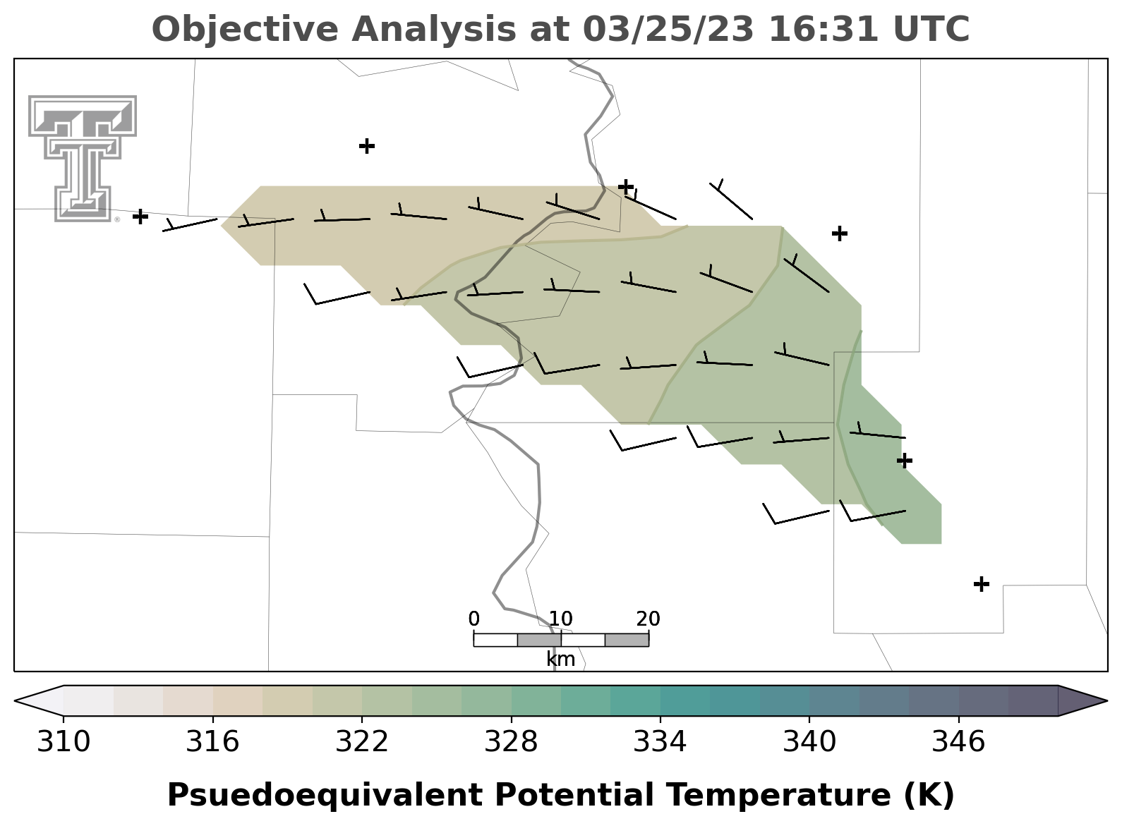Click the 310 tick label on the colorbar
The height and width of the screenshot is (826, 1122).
click(x=64, y=741)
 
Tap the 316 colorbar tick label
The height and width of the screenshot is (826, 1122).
click(x=212, y=741)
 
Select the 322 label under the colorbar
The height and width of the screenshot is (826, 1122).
click(x=361, y=741)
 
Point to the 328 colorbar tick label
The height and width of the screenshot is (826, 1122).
click(x=511, y=741)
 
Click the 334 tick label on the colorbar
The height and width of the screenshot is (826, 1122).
click(x=660, y=741)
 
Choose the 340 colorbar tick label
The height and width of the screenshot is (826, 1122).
click(x=809, y=741)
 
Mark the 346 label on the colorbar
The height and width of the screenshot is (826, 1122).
click(x=958, y=741)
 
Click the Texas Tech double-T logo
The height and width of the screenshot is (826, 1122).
click(x=83, y=158)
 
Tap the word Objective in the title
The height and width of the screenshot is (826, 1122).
click(x=246, y=30)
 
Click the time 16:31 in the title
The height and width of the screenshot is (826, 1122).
click(x=824, y=30)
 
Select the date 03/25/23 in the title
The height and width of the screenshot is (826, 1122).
click(x=669, y=30)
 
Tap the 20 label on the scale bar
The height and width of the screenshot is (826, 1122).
click(x=649, y=619)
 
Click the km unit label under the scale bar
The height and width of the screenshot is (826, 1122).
click(x=560, y=660)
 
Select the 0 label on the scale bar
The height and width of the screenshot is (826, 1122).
click(x=473, y=619)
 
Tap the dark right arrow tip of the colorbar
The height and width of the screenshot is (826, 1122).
click(x=1106, y=701)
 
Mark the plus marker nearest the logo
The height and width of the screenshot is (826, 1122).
click(x=140, y=217)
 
